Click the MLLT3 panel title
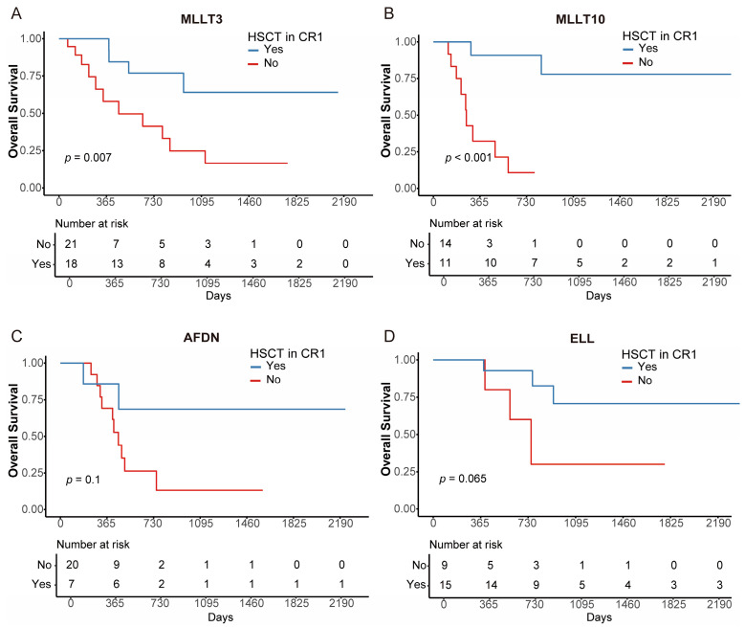202,19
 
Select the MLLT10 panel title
581,19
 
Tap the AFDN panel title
202,338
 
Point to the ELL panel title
582,339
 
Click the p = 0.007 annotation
88,157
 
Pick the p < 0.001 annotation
468,157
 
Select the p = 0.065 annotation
463,479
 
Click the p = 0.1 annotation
83,480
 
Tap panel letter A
16,13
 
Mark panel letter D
389,336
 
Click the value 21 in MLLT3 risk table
71,244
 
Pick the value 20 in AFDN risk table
73,565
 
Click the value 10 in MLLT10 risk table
491,262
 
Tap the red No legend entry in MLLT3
264,63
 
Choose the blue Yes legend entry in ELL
640,367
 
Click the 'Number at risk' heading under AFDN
93,545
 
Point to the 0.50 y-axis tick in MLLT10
405,115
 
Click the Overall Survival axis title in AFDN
12,431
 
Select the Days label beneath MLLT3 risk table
219,296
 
